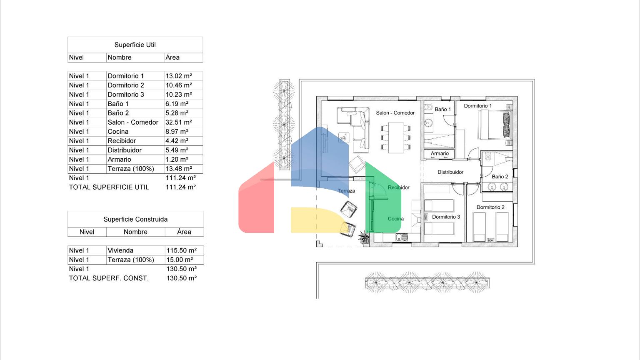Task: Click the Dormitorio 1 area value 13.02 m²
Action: [179, 76]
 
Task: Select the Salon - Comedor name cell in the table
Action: [133, 122]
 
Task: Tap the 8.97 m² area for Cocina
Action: [177, 132]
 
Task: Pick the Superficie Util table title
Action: [135, 45]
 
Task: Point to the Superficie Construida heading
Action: [135, 220]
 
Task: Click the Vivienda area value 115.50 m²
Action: [181, 250]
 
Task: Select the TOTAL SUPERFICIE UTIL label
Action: [109, 187]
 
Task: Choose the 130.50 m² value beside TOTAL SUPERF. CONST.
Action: [181, 278]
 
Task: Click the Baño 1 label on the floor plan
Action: [442, 109]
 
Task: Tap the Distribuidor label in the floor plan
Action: [450, 172]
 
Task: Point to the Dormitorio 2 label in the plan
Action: [490, 207]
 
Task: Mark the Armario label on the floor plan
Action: [440, 153]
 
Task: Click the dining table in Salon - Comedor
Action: [396, 137]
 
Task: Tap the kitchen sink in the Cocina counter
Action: [401, 237]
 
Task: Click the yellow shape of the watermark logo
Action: [320, 220]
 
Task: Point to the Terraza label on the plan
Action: [346, 191]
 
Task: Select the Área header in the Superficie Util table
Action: [172, 57]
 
